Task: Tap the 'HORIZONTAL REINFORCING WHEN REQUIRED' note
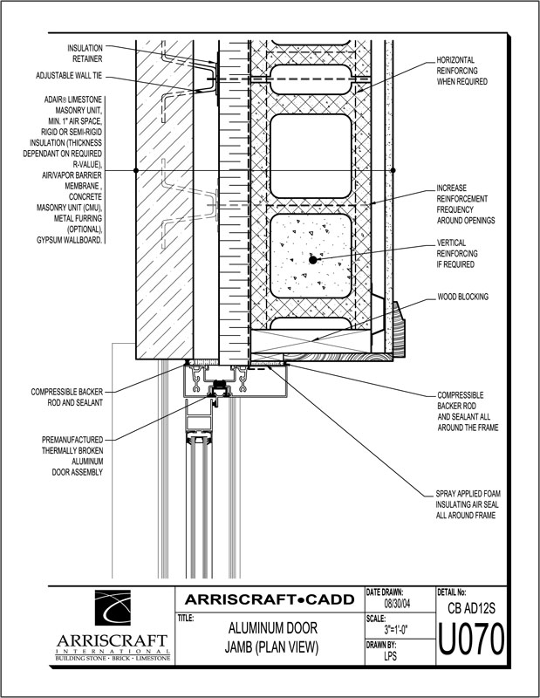461,71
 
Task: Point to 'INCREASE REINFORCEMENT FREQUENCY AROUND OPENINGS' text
465,204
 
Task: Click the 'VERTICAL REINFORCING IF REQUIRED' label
463,253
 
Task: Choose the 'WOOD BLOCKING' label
463,298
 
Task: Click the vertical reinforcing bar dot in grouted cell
311,259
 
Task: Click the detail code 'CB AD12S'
471,607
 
